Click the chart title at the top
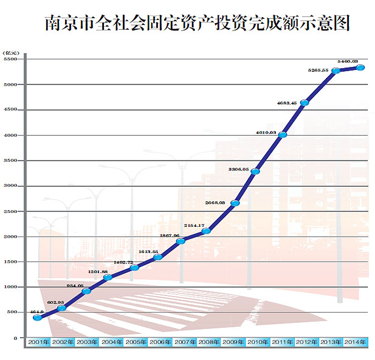pos(198,23)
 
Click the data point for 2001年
pos(38,317)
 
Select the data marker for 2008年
pos(206,231)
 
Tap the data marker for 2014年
pos(360,67)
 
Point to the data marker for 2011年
pos(283,134)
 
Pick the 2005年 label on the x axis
pos(136,342)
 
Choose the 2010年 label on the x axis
pos(258,342)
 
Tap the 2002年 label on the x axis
pos(62,342)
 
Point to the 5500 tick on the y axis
pos(12,59)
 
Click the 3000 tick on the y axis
pos(12,186)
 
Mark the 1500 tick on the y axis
pos(12,262)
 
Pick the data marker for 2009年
pos(235,202)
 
